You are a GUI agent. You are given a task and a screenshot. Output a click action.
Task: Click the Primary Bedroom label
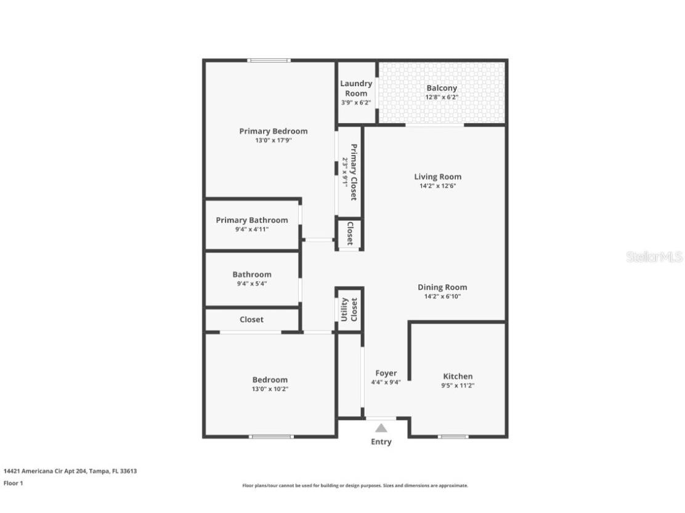[273, 131]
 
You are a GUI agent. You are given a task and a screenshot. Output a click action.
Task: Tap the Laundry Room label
[356, 88]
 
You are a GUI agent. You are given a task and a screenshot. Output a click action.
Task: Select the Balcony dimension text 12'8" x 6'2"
[442, 97]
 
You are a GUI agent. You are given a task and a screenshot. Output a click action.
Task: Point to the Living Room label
[437, 177]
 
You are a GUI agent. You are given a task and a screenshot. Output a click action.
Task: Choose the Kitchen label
[458, 376]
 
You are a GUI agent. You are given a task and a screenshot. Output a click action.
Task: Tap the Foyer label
[386, 373]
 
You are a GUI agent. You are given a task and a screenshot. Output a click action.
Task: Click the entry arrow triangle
[381, 428]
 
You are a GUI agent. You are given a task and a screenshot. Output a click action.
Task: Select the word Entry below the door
[381, 442]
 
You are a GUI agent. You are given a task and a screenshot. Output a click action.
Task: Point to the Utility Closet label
[349, 309]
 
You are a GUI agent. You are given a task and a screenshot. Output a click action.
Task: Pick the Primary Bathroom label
[251, 220]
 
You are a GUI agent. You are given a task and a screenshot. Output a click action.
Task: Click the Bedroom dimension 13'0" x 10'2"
[269, 389]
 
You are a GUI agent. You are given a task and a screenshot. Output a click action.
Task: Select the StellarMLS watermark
[654, 256]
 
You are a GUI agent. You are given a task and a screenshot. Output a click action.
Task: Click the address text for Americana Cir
[70, 471]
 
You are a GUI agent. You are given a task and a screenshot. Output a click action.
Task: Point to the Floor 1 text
[13, 483]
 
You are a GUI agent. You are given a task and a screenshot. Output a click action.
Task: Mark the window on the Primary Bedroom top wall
[269, 60]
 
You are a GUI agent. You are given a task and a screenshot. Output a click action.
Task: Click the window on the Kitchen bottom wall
[453, 437]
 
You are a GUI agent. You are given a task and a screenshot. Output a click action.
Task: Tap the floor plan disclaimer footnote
[355, 485]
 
